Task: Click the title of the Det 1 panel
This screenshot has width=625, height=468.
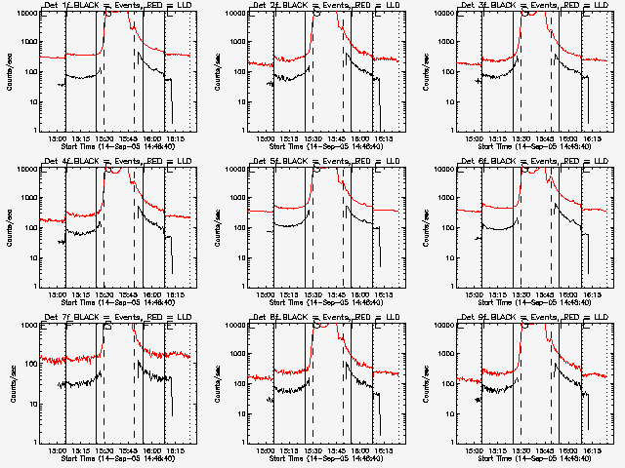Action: pyautogui.click(x=118, y=6)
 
